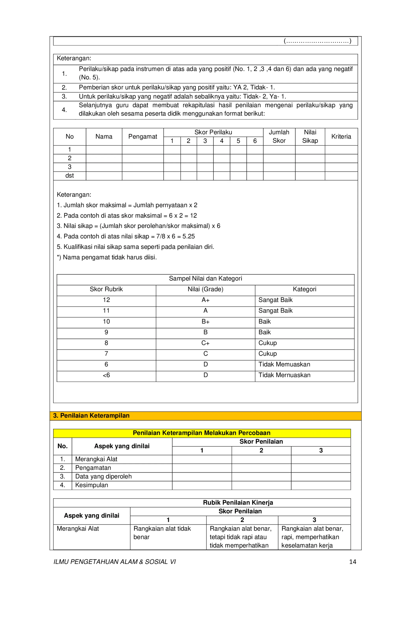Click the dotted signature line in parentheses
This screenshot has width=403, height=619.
317,41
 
